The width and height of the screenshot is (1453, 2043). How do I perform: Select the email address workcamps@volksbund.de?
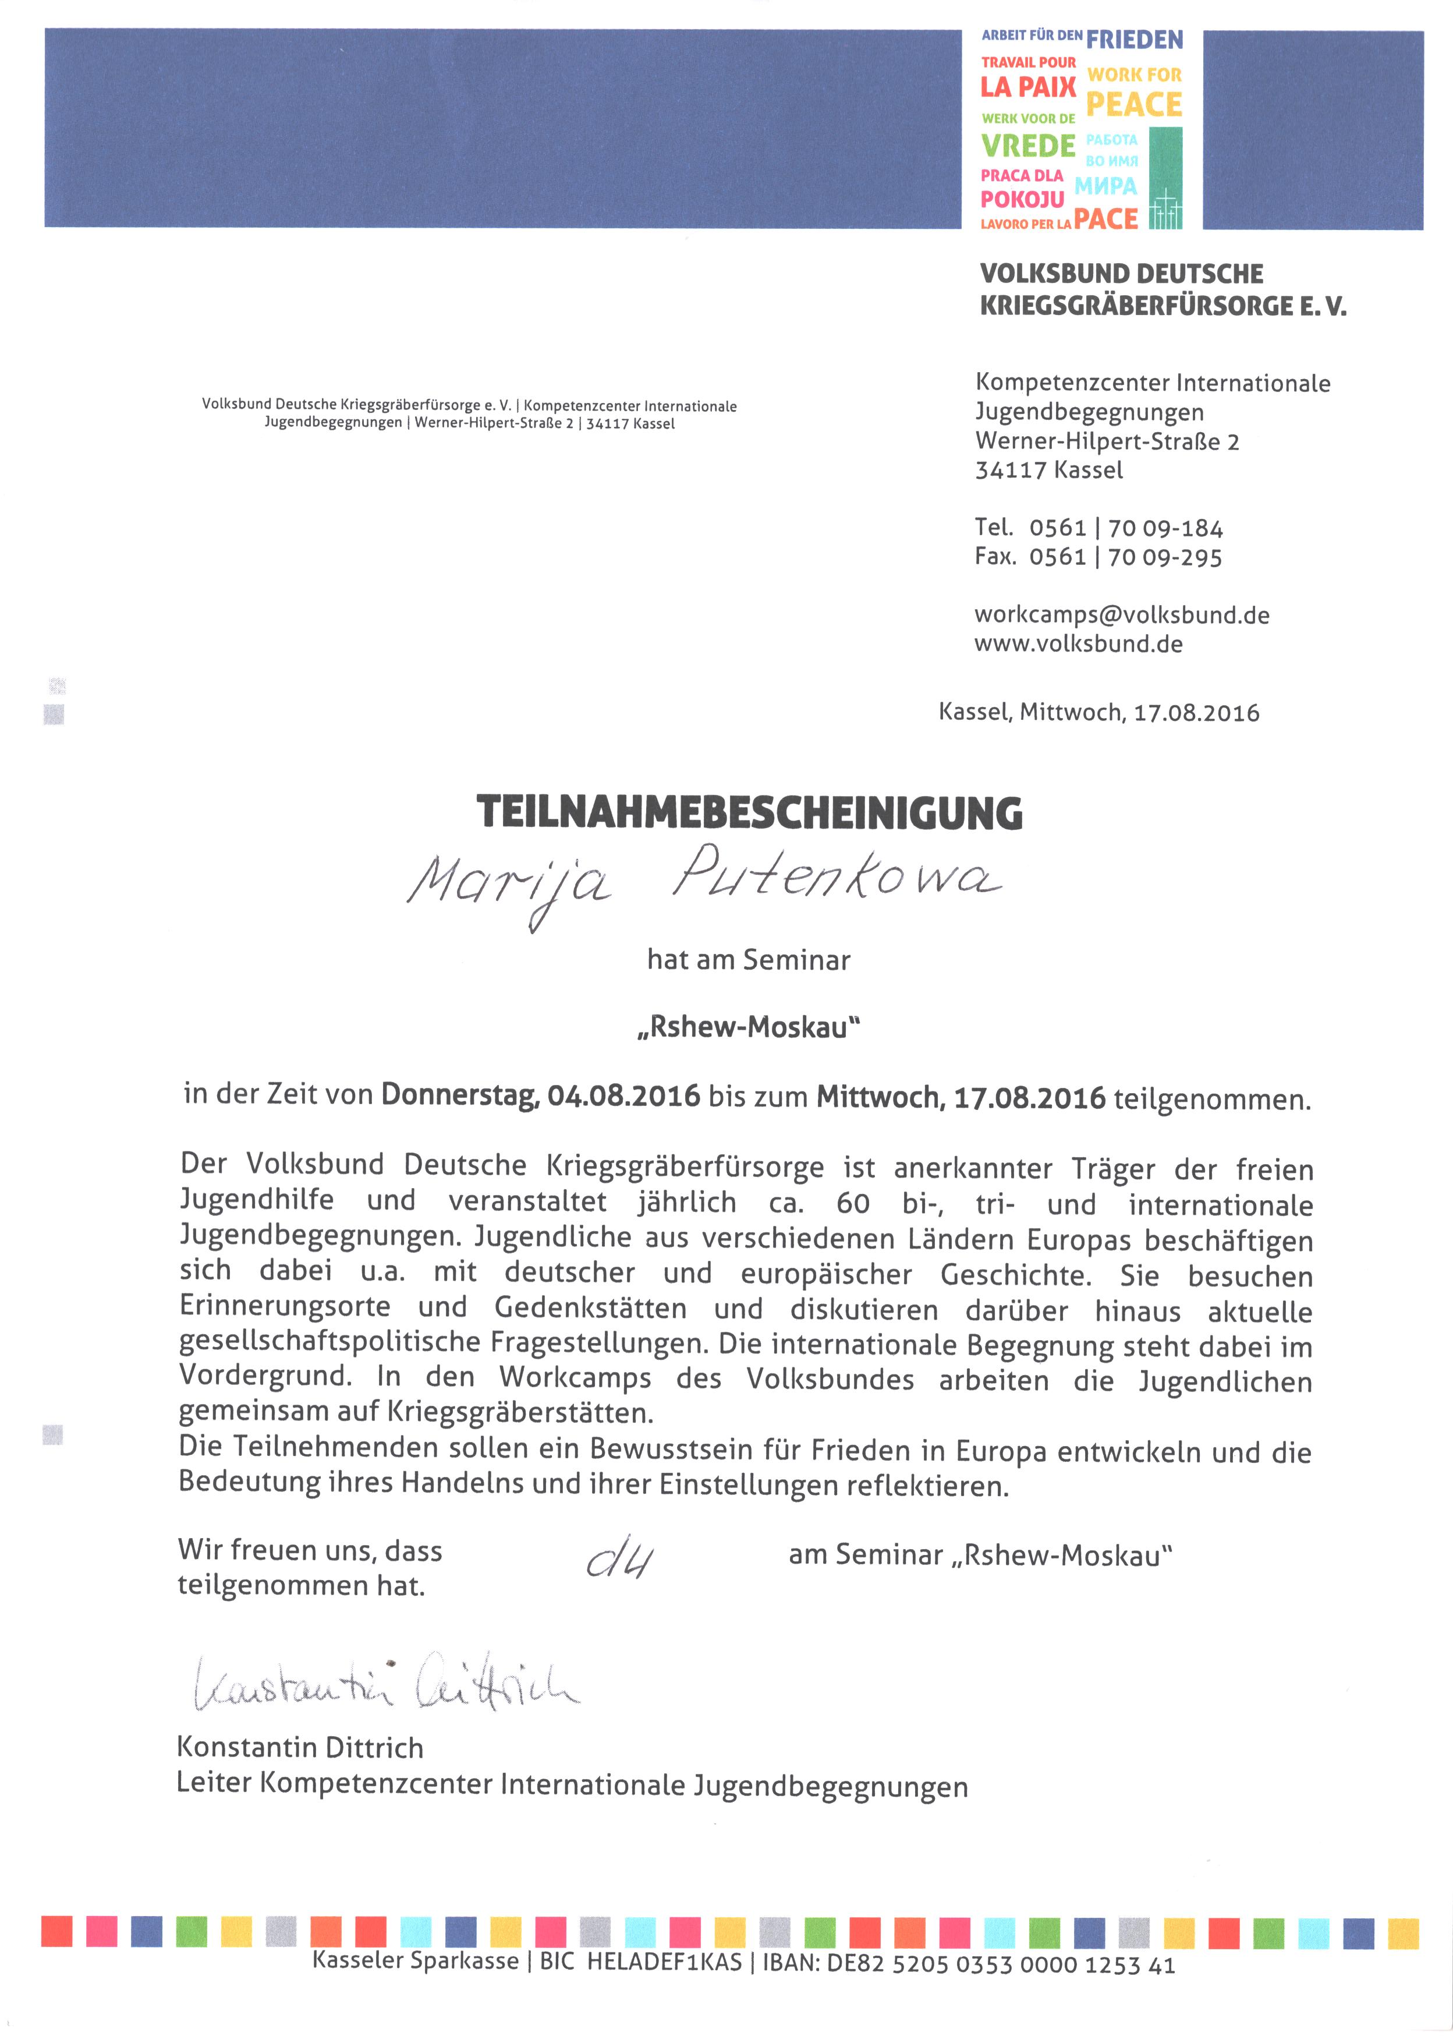coord(1121,615)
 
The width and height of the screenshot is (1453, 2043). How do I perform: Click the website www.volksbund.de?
coord(1078,644)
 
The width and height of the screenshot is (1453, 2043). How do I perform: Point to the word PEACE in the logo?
coord(1133,105)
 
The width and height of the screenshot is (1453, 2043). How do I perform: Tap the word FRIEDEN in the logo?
coord(1133,40)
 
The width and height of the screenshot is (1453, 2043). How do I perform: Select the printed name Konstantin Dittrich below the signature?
coord(300,1747)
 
